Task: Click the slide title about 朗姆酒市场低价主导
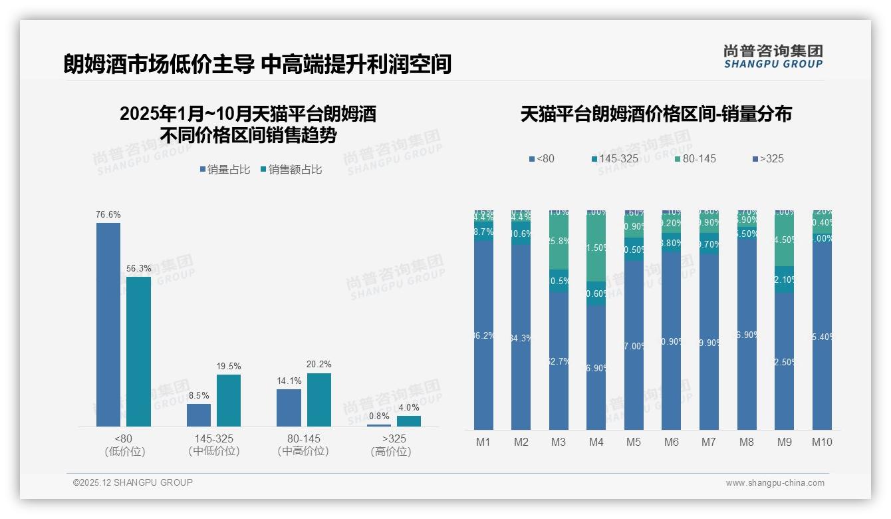click(x=257, y=64)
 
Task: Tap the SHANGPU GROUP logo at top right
click(x=773, y=57)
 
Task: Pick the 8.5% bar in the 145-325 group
click(x=199, y=415)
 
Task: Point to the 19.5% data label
click(x=229, y=366)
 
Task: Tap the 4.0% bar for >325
click(x=409, y=421)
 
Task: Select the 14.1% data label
click(x=289, y=381)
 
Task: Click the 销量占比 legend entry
click(x=225, y=170)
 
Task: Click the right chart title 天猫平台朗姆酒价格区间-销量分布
click(x=656, y=114)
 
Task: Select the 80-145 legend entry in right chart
click(x=695, y=158)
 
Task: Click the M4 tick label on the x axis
click(x=596, y=442)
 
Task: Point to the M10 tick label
click(x=822, y=442)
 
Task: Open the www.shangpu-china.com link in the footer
click(x=775, y=483)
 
